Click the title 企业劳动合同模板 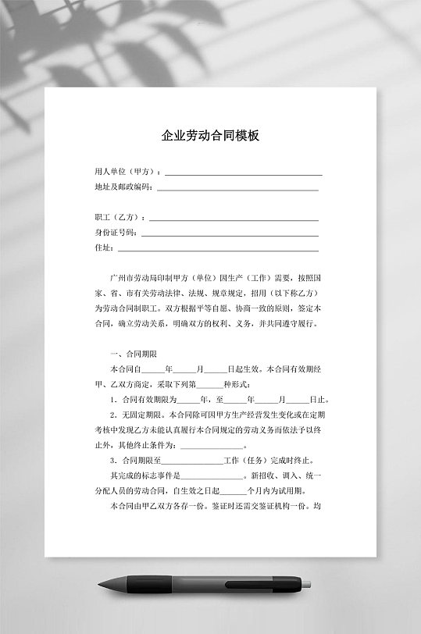tap(210, 135)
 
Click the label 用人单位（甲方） tap(125, 171)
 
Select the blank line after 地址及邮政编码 tap(237, 188)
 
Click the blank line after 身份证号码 tap(230, 233)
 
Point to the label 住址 tap(103, 248)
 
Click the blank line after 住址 tap(218, 249)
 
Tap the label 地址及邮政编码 tap(123, 187)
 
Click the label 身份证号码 tap(115, 232)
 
